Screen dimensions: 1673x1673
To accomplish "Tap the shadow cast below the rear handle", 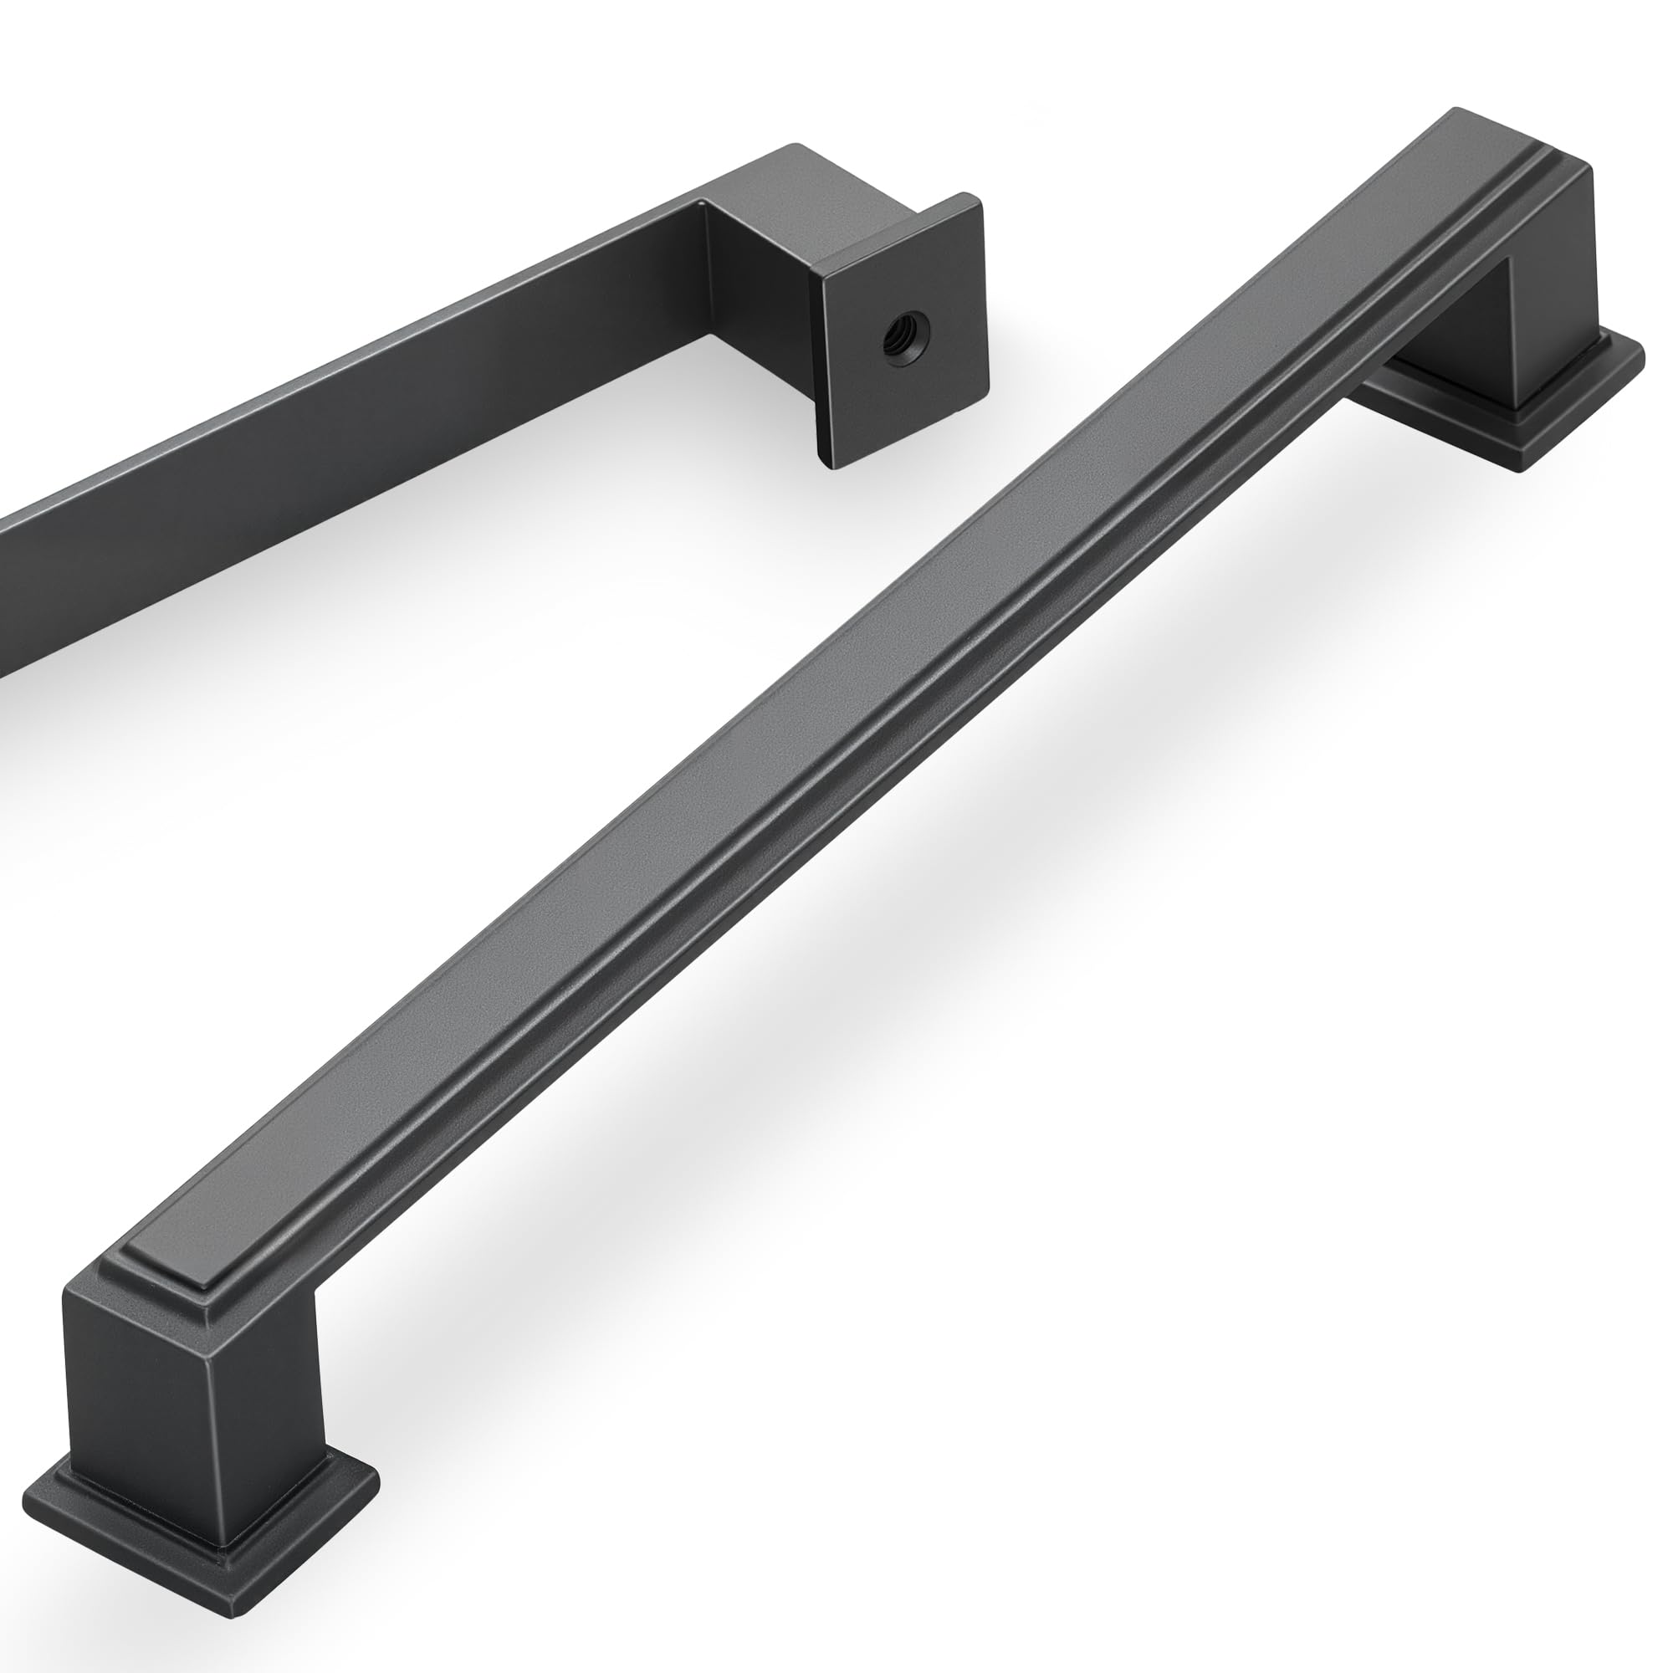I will point(433,736).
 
